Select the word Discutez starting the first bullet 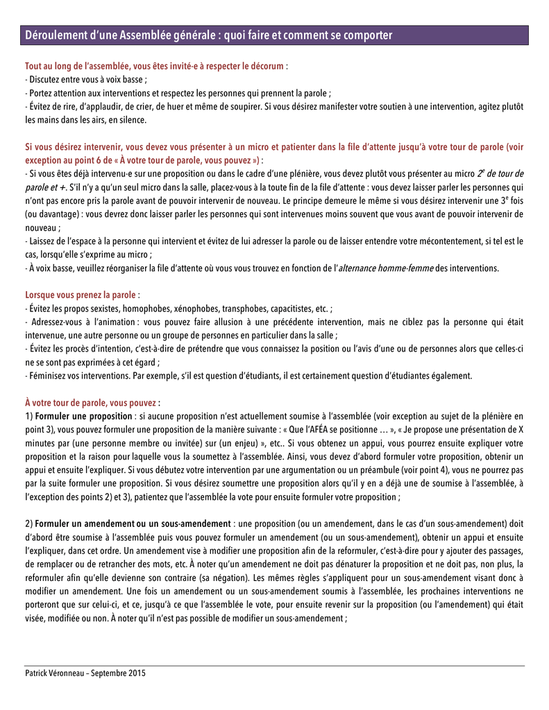44,80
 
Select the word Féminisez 47,375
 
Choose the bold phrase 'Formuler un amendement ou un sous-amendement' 133,522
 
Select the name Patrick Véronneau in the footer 56,673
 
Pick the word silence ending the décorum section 133,119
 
